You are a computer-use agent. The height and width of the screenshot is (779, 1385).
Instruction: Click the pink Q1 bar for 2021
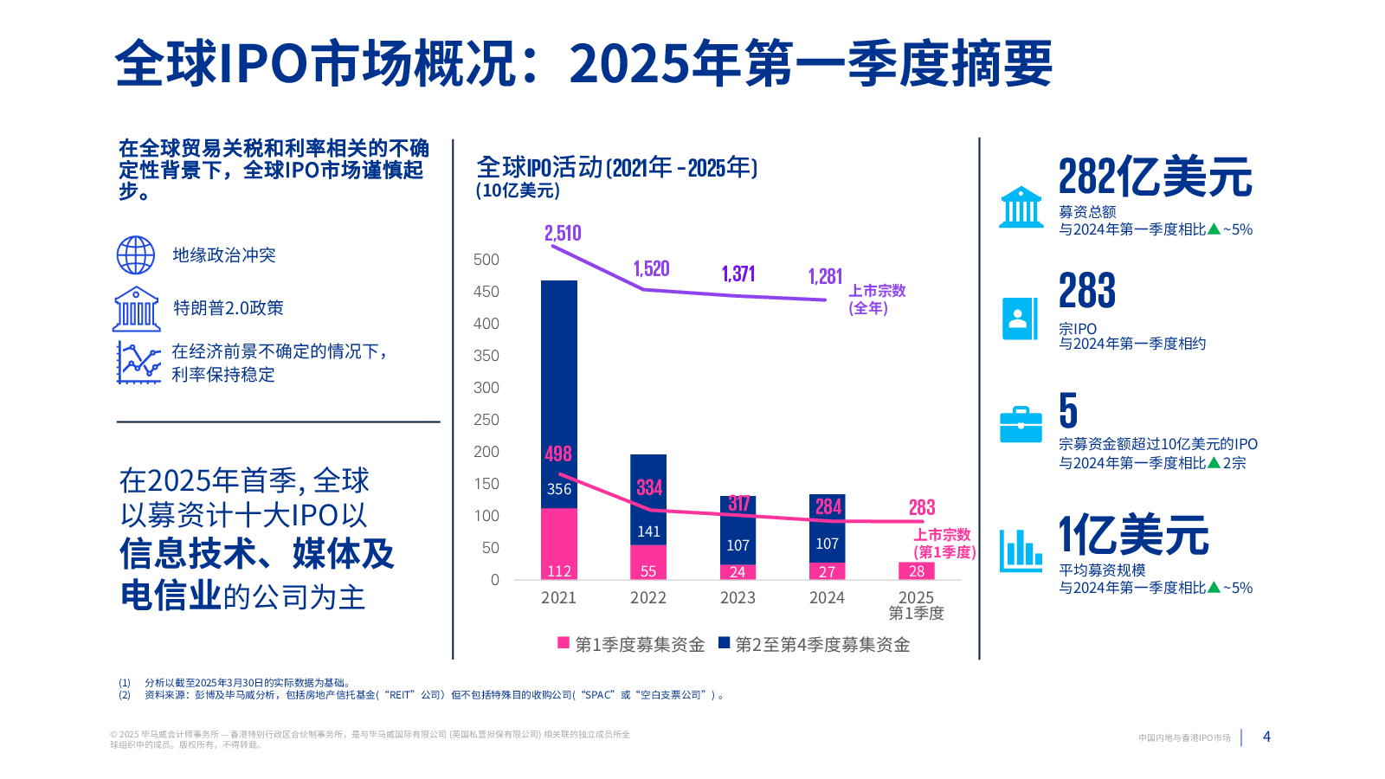coord(559,544)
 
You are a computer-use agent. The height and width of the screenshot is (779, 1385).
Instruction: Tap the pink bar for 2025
coord(917,571)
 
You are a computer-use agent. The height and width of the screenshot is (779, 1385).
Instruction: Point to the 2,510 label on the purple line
coord(563,234)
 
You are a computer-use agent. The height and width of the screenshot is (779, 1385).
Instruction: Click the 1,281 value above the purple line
coord(825,277)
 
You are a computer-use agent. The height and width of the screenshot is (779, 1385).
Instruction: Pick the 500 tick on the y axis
coord(486,260)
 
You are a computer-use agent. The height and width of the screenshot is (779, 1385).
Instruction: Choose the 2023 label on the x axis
coord(738,598)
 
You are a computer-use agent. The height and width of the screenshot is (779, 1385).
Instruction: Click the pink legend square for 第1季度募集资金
coord(564,643)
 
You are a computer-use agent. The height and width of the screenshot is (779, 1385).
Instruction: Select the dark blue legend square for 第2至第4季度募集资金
coord(724,643)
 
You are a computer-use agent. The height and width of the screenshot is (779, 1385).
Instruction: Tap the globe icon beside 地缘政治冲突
coord(136,255)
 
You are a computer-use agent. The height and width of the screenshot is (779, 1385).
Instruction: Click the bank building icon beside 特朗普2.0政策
coord(137,309)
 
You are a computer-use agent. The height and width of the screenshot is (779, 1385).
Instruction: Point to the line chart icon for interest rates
coord(138,363)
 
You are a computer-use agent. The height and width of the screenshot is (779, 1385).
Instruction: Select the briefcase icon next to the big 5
coord(1021,424)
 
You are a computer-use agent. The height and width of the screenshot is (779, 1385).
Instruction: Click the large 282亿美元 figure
coord(1155,177)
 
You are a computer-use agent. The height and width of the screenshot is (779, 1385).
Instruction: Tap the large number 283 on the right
coord(1087,291)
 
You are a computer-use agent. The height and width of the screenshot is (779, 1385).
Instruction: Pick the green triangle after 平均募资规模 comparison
coord(1214,587)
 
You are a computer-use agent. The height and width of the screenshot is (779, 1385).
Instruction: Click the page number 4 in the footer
coord(1266,737)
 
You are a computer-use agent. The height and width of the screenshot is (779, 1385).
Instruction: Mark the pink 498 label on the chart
coord(558,454)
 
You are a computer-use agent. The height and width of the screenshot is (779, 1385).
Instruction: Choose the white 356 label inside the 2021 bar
coord(559,489)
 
